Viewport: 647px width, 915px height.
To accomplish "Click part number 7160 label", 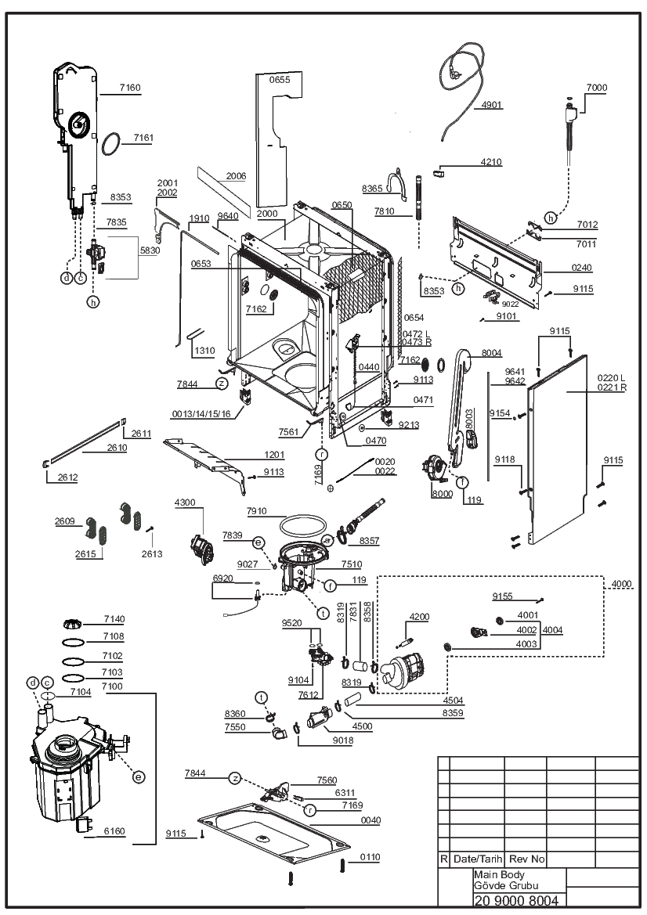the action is click(x=130, y=88).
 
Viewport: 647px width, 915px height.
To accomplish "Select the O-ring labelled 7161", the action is click(x=111, y=144).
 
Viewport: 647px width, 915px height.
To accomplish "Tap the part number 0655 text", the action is click(x=280, y=79).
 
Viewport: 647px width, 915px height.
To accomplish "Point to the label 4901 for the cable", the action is click(x=492, y=105).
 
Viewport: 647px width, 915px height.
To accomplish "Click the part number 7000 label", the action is click(x=597, y=88).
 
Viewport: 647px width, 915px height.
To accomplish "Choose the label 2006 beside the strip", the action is click(x=236, y=175).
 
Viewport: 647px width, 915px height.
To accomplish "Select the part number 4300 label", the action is click(x=185, y=503).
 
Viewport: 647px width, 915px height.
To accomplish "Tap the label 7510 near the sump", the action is click(x=351, y=564).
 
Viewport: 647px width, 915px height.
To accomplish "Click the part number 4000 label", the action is click(x=620, y=584).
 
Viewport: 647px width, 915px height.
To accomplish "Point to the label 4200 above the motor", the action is click(x=419, y=617).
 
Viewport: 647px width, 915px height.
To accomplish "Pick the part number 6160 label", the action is click(x=114, y=831).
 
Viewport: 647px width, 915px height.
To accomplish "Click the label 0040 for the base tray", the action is click(x=370, y=820).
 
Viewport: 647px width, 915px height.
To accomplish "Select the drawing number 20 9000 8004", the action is click(x=516, y=900).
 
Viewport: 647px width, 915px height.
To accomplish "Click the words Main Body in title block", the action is click(x=499, y=875).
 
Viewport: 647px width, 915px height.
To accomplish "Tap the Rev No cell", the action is click(x=526, y=859).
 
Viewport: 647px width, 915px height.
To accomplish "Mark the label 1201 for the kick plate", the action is click(x=274, y=455).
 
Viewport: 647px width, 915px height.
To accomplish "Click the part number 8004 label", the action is click(x=492, y=353).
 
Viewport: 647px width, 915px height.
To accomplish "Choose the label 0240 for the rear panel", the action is click(x=582, y=267).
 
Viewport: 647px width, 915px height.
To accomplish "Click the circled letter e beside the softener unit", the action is click(x=139, y=776).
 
